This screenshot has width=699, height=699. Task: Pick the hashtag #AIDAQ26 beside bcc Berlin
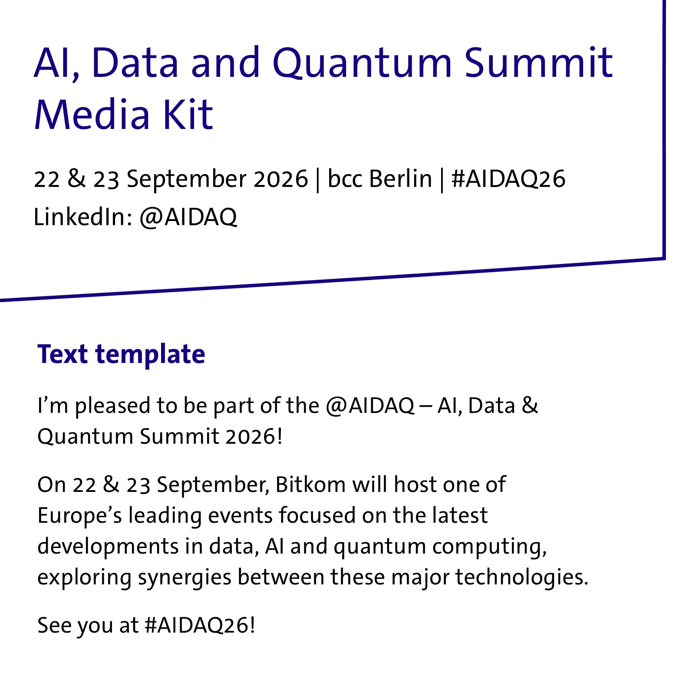508,179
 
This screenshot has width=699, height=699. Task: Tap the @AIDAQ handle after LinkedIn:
188,218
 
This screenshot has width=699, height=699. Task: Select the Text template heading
121,354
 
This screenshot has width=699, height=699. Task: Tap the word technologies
521,578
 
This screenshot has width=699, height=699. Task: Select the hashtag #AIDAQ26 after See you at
200,626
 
